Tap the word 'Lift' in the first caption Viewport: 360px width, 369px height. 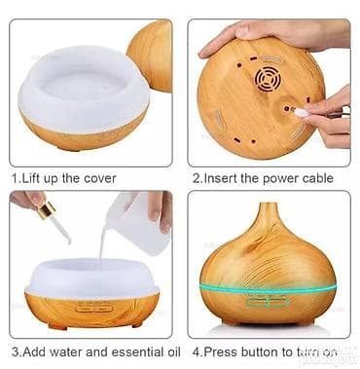tap(31, 179)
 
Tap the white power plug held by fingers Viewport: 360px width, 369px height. tap(300, 112)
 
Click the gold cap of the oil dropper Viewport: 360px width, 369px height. tap(46, 210)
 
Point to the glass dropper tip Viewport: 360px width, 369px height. tap(65, 235)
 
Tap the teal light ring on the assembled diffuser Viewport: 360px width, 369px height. tap(268, 289)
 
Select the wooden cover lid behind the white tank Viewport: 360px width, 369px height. tap(150, 55)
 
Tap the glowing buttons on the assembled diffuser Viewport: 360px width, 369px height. tap(268, 303)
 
